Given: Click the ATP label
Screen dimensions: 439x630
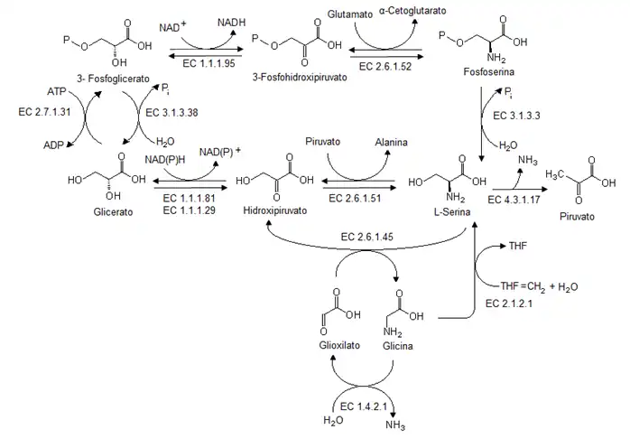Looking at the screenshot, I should coord(57,92).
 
